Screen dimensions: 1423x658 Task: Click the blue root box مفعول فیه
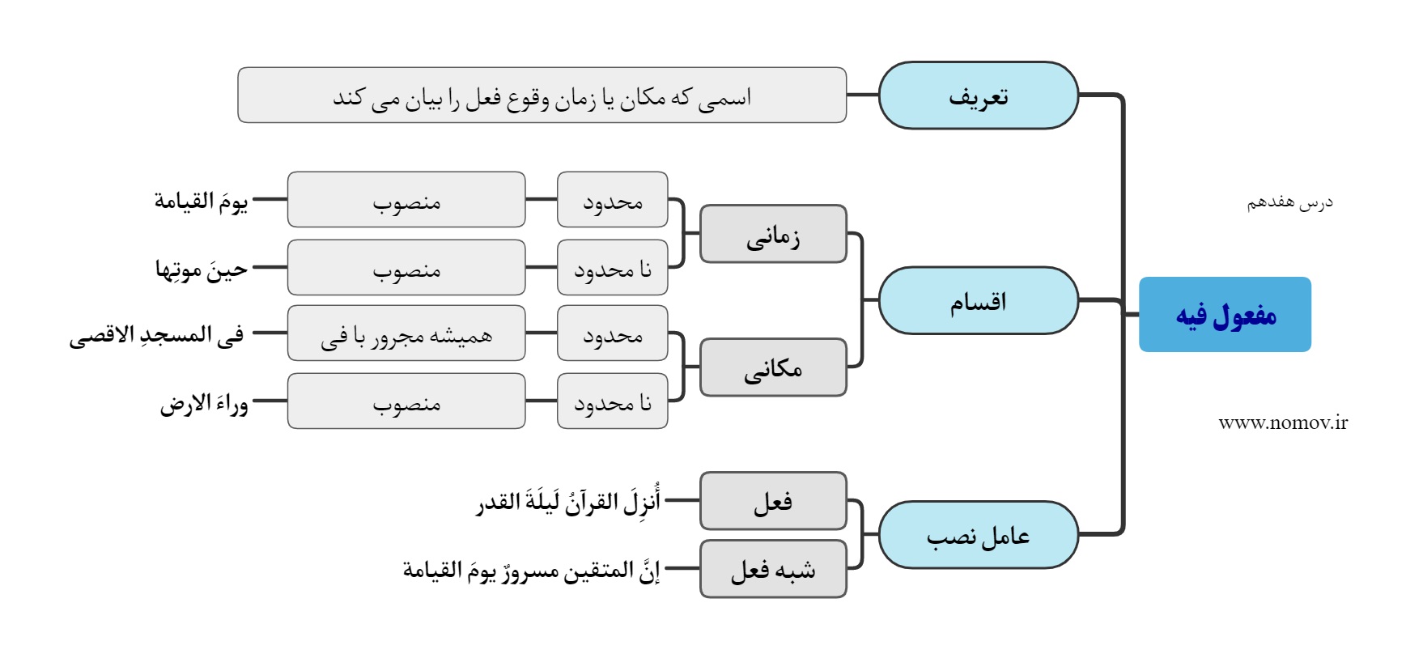coord(1225,314)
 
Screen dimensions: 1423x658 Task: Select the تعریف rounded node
coord(979,96)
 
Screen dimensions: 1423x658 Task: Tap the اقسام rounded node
coord(979,300)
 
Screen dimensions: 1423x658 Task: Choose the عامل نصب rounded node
coord(979,534)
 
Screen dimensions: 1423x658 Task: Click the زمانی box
coord(773,234)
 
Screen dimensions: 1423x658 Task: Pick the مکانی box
coord(773,367)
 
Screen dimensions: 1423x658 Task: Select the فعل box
coord(773,501)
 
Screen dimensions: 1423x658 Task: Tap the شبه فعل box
coord(773,569)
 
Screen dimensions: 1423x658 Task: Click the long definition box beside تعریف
coord(542,96)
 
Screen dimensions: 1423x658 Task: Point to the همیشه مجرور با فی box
coord(406,333)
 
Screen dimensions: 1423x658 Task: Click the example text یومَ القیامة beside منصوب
coord(201,200)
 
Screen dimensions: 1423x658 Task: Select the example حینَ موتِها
coord(202,268)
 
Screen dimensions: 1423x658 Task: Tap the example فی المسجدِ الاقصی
coord(156,334)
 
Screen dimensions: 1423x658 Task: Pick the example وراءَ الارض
coord(204,402)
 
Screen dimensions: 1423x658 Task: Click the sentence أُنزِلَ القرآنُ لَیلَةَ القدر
coord(568,501)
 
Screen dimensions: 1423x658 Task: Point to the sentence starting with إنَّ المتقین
coord(532,570)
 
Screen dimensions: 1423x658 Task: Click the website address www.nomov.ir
coord(1283,422)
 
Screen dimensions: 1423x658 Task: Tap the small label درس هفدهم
coord(1289,202)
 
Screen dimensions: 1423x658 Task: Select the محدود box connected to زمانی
coord(613,199)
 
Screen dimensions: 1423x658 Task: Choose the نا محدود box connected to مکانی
coord(613,401)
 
